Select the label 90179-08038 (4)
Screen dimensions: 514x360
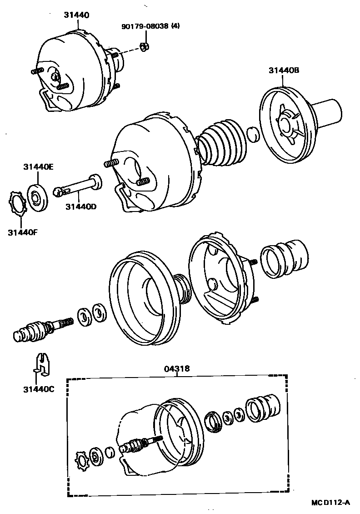(x=150, y=26)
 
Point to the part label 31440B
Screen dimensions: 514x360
(x=284, y=71)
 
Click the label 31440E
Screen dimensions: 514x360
(x=39, y=167)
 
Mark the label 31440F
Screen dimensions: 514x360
(x=22, y=233)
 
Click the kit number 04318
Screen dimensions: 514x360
(x=177, y=369)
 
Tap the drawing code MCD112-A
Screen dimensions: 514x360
(x=330, y=502)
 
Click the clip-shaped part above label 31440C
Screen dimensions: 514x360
(x=43, y=362)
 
